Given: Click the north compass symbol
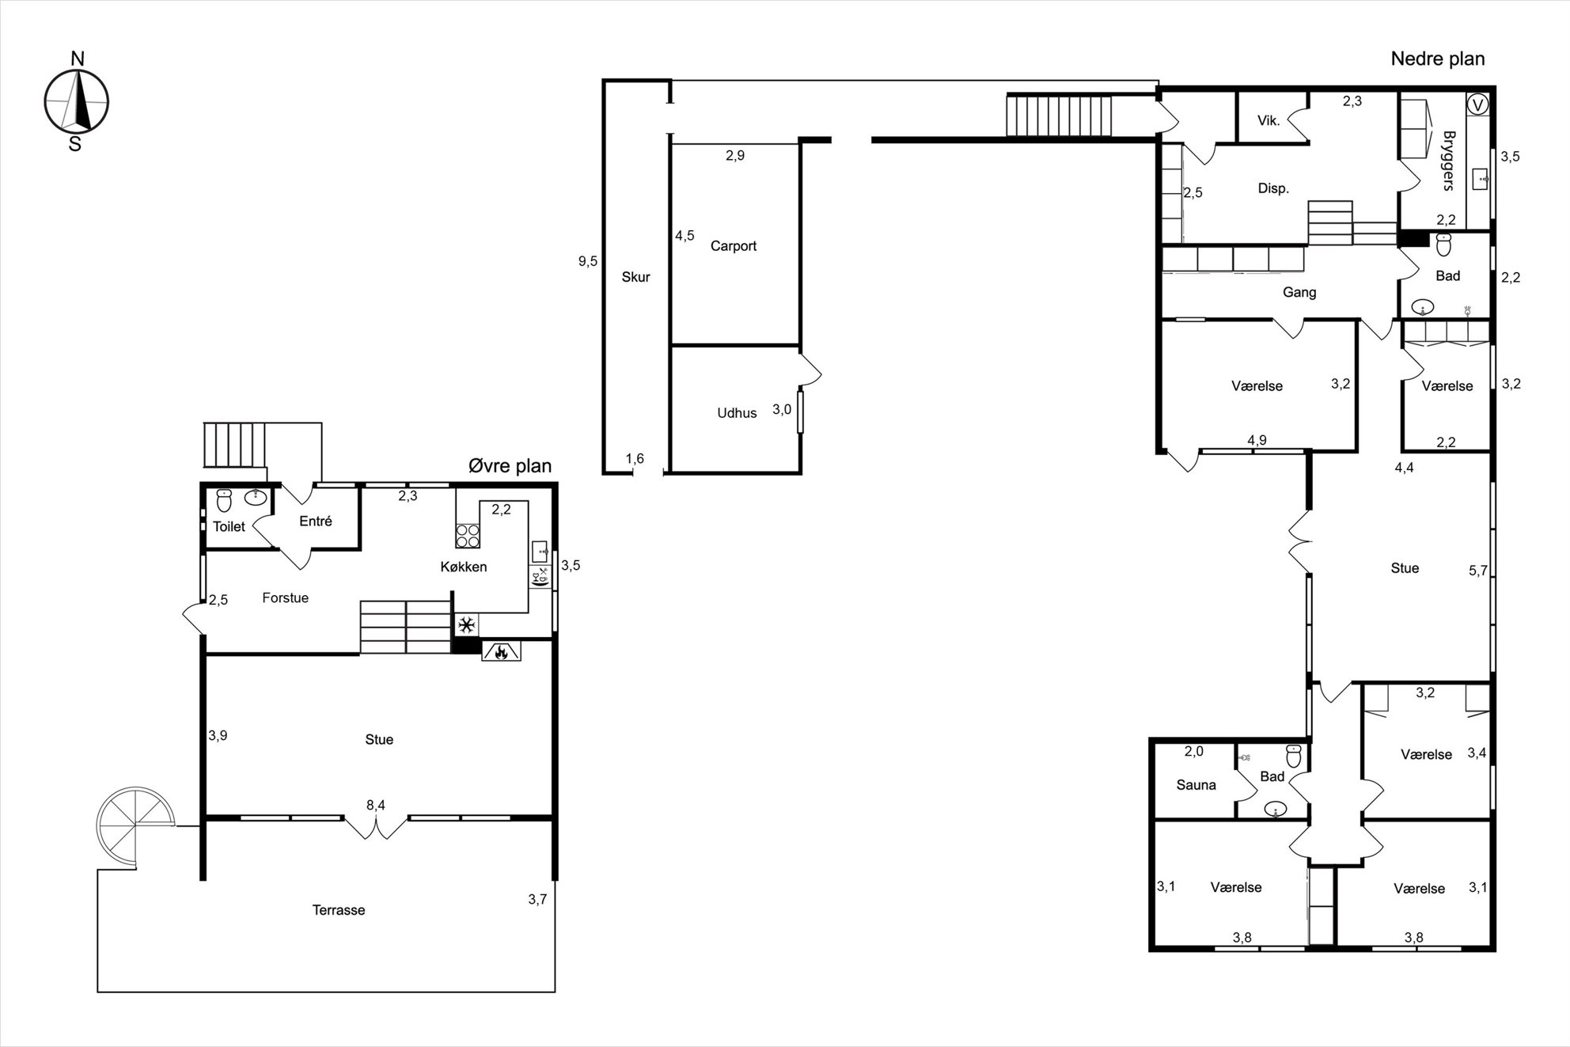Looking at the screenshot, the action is pos(76,101).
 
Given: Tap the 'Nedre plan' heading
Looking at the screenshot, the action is pos(1438,59).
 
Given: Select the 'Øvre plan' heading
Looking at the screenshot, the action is pos(510,465).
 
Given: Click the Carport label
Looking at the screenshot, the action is pos(734,246).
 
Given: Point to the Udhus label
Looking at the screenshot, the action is pos(737,413).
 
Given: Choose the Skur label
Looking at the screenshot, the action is pos(635,277).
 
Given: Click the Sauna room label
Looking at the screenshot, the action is pos(1196,785).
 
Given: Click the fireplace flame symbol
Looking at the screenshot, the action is pos(500,651).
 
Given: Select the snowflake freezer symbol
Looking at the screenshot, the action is pos(467,625).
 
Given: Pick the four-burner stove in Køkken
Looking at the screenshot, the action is pos(468,536).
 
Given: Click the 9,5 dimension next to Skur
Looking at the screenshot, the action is pos(588,261).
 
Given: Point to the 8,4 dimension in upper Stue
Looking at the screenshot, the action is pos(376,805).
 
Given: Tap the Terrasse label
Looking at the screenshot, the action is pos(339,910).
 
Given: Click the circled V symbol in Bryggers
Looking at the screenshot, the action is pos(1477,104).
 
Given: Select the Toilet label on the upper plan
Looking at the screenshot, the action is pos(229,526).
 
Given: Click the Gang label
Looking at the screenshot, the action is pos(1299,293).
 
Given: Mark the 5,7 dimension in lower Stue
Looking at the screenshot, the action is pos(1478,571).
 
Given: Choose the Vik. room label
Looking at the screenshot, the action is pos(1269,120).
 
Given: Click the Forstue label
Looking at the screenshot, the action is pos(286,597).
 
